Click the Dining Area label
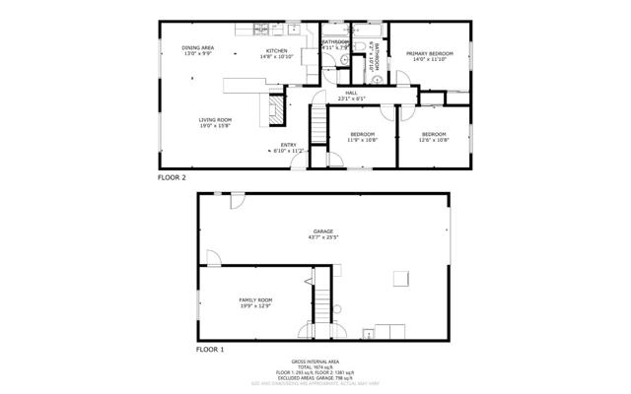coord(197,47)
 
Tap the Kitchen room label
coord(276,51)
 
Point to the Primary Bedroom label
coord(430,53)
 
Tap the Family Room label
coord(255,299)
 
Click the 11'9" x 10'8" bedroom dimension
coord(362,140)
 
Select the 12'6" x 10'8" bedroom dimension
coord(434,140)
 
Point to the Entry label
coord(289,146)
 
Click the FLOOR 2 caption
coord(172,177)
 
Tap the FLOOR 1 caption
coord(209,350)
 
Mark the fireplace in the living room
coord(276,112)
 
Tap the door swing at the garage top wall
coord(236,202)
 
